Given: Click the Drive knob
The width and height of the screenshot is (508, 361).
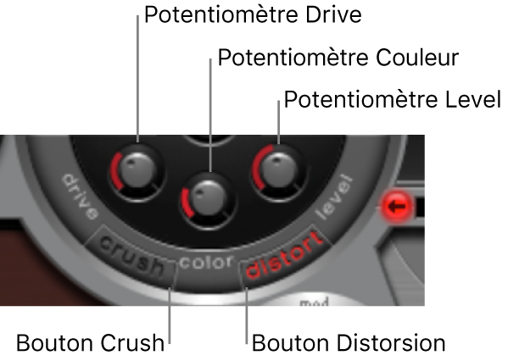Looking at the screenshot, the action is coord(137,170).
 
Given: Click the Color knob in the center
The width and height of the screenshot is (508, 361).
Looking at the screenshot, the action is coord(208,198).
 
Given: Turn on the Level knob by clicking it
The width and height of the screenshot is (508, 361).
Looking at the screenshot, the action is coord(278,170).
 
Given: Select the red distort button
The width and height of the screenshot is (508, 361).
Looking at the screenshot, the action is coord(284,255).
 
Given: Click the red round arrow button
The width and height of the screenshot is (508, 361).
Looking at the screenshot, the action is coord(397,206).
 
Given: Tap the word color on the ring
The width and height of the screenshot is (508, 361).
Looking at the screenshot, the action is coord(206,263).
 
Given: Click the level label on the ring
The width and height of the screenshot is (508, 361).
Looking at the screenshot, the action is coord(334,197).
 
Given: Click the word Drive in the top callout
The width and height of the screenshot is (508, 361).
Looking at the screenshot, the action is coord(333,14).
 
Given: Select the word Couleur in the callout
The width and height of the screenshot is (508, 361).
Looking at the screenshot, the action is coord(417,58).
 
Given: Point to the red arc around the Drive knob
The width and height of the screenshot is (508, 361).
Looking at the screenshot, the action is coord(115,170).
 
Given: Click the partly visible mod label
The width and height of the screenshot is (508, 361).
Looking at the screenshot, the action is coord(314,303).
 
